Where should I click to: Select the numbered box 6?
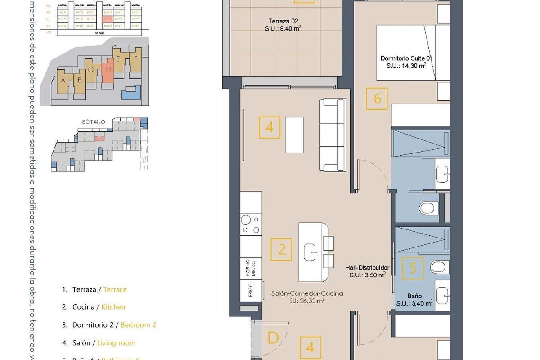pos(377,98)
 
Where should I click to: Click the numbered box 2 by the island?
pos(282,249)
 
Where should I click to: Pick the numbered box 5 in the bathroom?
pos(413,269)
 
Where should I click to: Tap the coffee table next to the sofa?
pos(294,135)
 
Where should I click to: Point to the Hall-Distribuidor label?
pos(367,271)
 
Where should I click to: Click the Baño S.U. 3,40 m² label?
pos(414,300)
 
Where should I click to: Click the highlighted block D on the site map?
pos(107,70)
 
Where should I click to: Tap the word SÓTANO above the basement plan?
pos(94,122)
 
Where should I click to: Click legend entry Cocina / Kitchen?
pos(98,307)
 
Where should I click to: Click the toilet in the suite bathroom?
pos(428,207)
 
